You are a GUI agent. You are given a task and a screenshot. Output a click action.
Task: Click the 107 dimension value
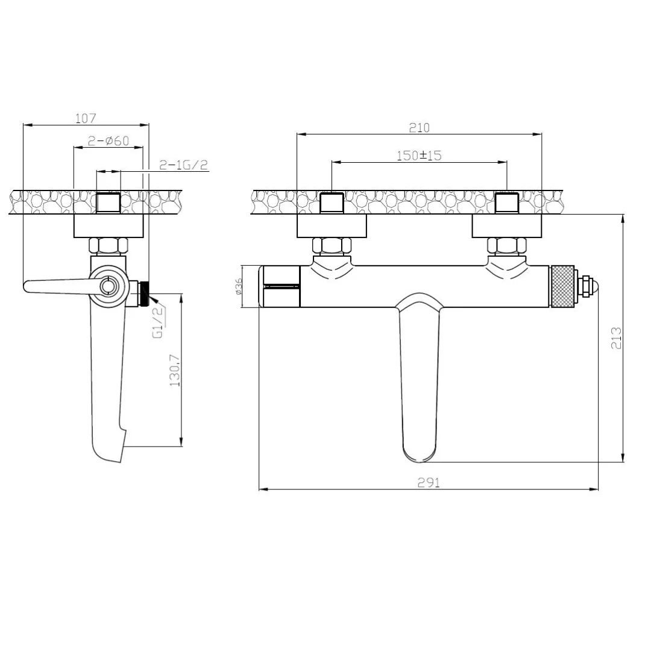click(86, 118)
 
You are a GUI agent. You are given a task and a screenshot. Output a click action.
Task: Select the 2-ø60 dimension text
click(108, 140)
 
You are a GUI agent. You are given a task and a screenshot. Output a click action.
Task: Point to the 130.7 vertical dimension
click(175, 369)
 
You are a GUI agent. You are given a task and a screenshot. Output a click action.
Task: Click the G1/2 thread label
click(157, 322)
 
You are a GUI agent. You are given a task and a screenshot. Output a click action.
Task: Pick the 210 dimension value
click(419, 127)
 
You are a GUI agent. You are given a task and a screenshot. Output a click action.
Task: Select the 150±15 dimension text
click(419, 155)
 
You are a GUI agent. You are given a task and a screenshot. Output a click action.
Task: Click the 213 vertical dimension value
click(615, 338)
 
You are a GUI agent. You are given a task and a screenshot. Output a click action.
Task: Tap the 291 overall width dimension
click(428, 482)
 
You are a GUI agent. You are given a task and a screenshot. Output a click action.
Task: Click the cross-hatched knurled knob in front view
click(564, 286)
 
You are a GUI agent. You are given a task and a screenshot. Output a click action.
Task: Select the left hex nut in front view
click(332, 245)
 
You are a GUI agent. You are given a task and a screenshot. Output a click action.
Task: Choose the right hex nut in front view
click(507, 245)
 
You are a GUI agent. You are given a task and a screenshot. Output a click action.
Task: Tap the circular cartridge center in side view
click(109, 286)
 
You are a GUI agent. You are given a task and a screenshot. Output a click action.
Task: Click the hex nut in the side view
click(109, 246)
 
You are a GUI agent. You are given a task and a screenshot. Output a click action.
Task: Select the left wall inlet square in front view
click(332, 203)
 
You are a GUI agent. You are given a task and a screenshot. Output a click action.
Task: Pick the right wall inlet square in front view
click(507, 203)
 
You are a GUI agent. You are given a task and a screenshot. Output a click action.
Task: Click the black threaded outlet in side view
click(145, 294)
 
